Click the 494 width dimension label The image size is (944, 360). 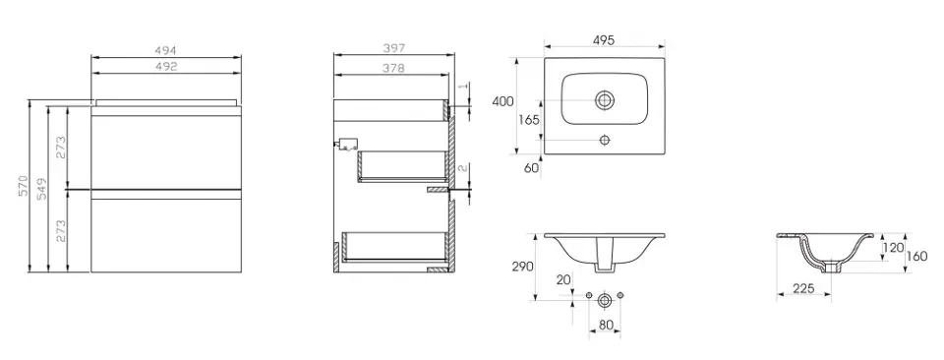(x=166, y=52)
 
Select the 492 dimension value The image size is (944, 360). (x=166, y=67)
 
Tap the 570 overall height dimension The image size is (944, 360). (x=24, y=187)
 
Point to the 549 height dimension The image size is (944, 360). (x=42, y=189)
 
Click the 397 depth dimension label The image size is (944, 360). (x=393, y=47)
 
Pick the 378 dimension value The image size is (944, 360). (x=393, y=68)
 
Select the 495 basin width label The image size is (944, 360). (x=603, y=40)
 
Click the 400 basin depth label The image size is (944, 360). (x=502, y=101)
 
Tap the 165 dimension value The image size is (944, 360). (x=529, y=119)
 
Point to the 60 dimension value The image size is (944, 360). (x=532, y=168)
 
